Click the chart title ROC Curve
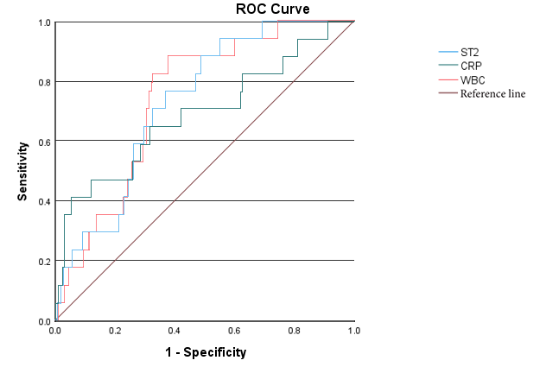[272, 9]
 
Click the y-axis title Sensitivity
[24, 171]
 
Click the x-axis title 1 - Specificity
[206, 352]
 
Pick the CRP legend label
[472, 66]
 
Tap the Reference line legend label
[492, 93]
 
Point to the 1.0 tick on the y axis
[43, 22]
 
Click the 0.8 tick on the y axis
[43, 82]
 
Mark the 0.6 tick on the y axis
[43, 142]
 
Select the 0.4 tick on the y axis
[43, 201]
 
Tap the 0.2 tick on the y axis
[43, 261]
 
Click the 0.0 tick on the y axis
[43, 320]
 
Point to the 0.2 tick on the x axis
[115, 330]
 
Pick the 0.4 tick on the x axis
[175, 330]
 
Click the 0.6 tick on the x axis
[235, 330]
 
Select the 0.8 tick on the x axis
[295, 330]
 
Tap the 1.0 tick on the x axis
[354, 330]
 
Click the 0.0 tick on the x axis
[55, 330]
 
